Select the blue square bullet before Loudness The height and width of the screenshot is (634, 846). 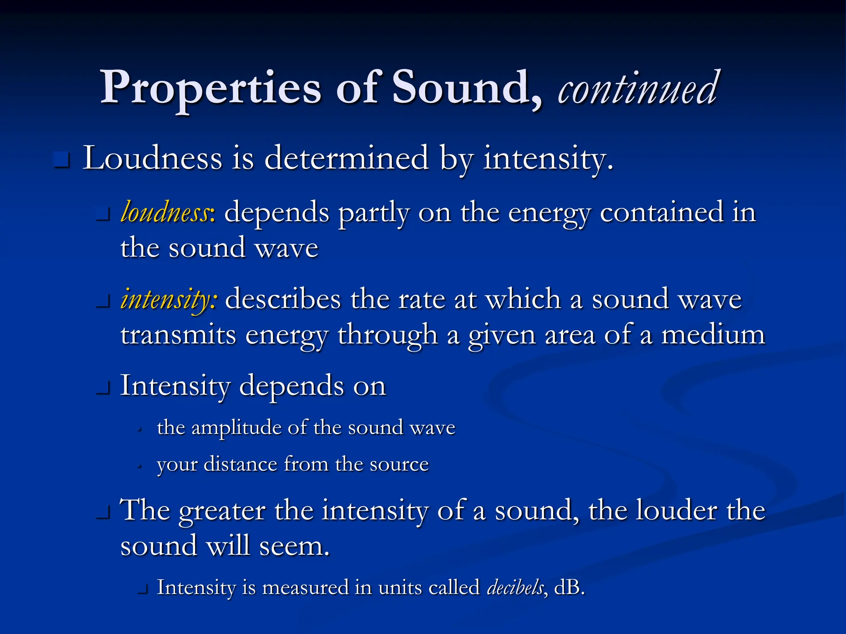(62, 160)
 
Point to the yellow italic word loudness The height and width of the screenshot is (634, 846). (165, 213)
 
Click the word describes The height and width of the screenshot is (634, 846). (283, 299)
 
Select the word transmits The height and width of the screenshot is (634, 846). (178, 335)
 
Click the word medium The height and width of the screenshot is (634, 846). (713, 335)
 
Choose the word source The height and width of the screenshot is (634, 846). (399, 465)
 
